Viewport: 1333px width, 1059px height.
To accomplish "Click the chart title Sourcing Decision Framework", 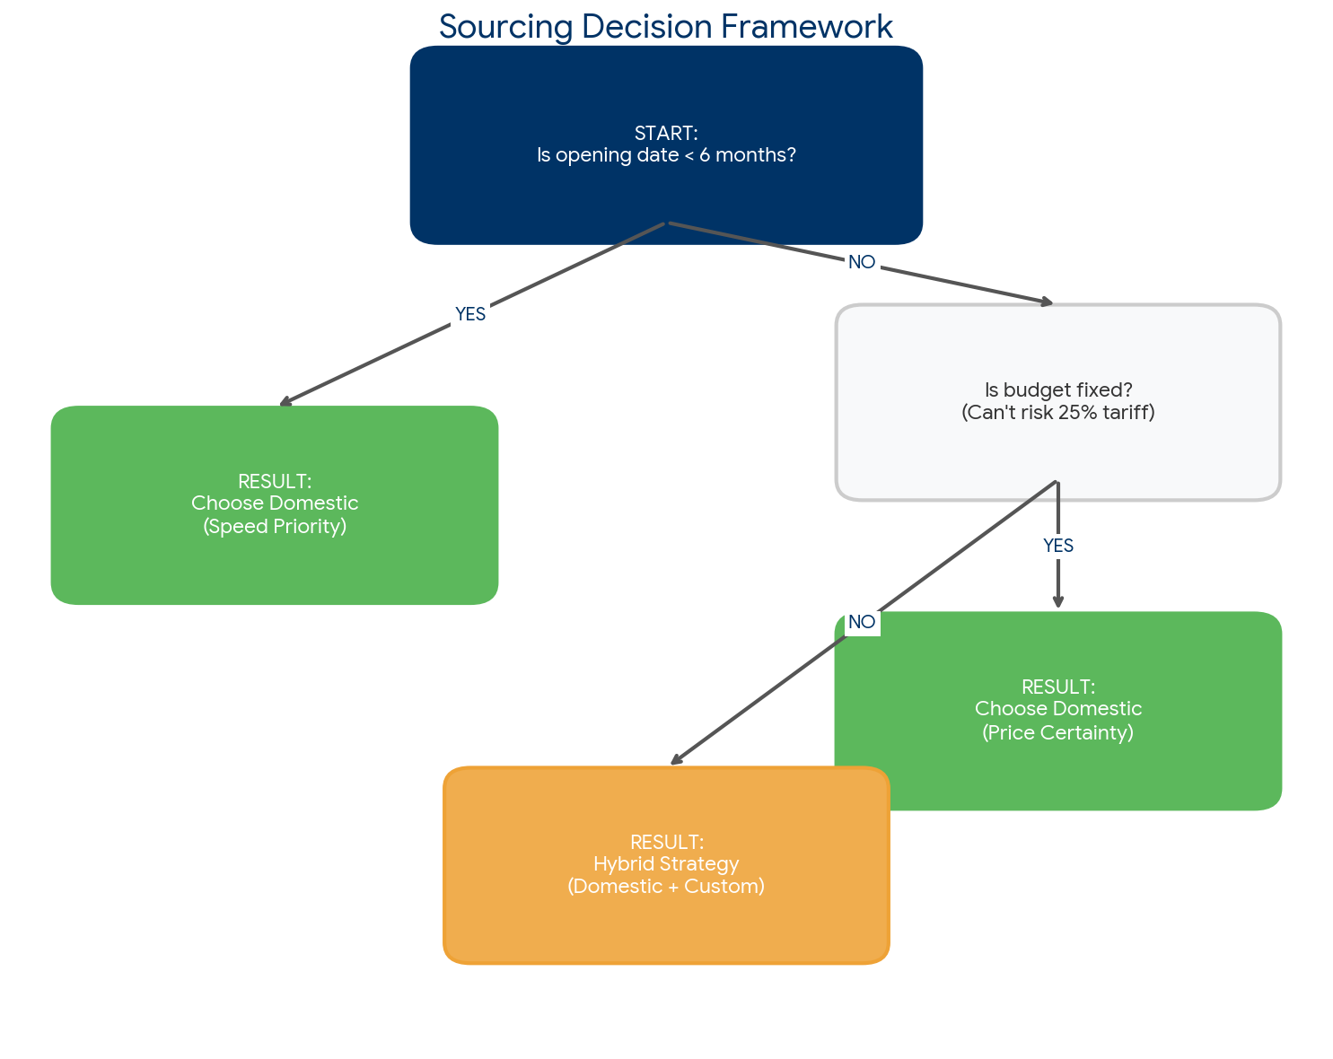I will pos(665,27).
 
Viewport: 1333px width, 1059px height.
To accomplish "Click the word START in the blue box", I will pos(665,133).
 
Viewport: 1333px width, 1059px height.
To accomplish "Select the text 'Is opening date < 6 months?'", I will pos(665,155).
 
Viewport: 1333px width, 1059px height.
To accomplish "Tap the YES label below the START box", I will pos(469,314).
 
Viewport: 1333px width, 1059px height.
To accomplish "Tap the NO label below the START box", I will pos(861,262).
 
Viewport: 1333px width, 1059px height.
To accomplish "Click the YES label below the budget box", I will pos(1057,546).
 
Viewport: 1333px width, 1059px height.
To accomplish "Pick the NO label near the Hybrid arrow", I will pos(861,622).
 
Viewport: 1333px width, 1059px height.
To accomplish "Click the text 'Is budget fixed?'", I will pos(1057,390).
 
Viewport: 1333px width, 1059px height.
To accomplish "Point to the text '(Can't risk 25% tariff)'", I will pos(1057,413).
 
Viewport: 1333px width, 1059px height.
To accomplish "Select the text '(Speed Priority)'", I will pos(275,526).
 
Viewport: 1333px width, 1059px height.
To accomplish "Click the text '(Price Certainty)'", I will pos(1057,732).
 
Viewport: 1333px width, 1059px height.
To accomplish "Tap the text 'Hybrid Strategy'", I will pos(665,864).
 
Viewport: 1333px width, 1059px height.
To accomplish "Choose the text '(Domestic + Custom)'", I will pos(665,887).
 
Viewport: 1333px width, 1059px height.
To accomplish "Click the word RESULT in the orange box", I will pos(665,842).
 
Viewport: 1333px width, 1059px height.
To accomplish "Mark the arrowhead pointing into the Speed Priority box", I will pos(285,403).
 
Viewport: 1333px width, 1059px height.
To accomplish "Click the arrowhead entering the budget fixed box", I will pos(1047,303).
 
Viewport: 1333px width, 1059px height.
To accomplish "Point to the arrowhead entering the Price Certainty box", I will pos(1057,603).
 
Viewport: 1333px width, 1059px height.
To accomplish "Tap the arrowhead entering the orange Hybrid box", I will pos(676,761).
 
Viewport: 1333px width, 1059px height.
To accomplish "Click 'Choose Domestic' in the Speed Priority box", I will pos(275,503).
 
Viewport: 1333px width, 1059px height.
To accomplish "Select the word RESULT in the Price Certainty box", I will pos(1057,687).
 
